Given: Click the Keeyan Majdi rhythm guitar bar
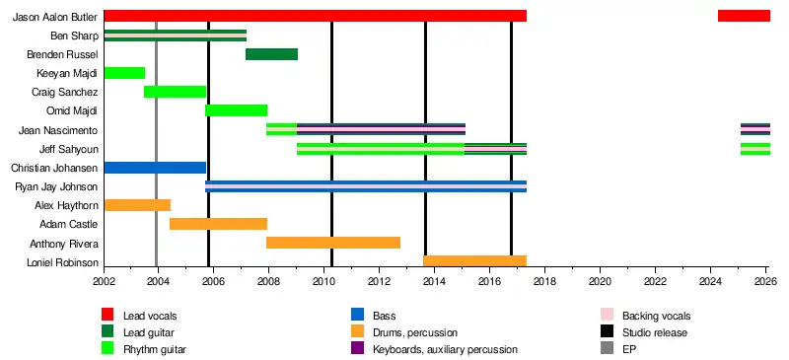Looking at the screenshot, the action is pos(124,73).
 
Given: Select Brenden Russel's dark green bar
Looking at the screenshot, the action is pos(272,54).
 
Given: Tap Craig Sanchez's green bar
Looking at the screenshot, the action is pos(176,92).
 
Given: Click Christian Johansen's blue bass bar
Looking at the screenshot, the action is pos(155,168).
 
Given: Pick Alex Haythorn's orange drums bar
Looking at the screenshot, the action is pos(137,205).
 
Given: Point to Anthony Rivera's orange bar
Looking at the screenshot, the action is pos(333,243).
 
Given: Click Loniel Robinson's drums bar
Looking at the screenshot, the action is pos(475,260).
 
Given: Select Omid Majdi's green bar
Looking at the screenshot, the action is pos(236,110).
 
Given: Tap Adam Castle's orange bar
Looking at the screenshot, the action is pos(218,224).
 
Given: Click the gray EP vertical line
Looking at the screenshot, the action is pos(157,144).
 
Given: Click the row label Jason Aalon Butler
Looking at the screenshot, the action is pos(55,17).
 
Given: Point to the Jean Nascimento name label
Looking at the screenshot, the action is pos(58,131).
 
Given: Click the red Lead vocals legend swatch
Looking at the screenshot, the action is pos(108,315).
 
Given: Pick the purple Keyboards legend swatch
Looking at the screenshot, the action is pos(357,348).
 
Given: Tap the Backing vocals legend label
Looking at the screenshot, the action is pos(657,317).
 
